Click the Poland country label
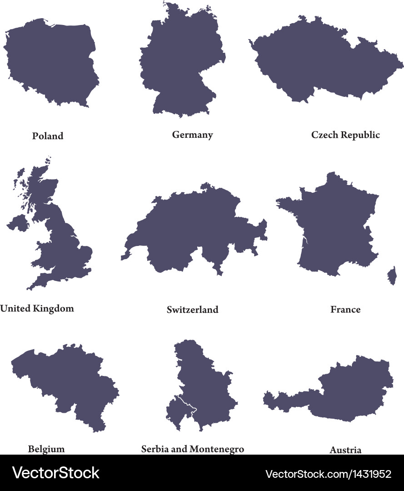[x=48, y=136]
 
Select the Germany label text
[x=192, y=135]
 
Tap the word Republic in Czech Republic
[x=361, y=135]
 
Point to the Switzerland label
[x=192, y=310]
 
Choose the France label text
[x=345, y=310]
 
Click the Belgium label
[x=46, y=449]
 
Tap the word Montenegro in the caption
[x=217, y=449]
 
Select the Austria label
[x=345, y=450]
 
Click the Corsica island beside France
[x=391, y=276]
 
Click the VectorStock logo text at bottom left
[x=56, y=473]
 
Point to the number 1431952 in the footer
[x=371, y=474]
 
